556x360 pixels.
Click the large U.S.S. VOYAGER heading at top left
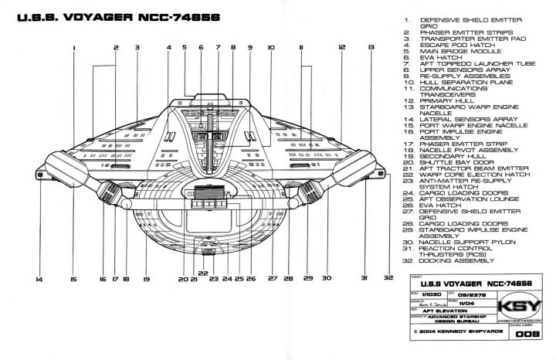point(114,16)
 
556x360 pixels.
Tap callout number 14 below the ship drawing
point(39,277)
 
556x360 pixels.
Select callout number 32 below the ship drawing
point(387,277)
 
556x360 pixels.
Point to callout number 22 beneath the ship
point(202,273)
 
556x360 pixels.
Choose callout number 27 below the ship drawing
point(272,277)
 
